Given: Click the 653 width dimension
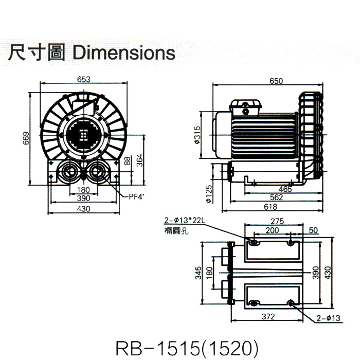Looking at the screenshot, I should point(84,79).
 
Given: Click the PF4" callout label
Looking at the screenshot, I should point(136,195).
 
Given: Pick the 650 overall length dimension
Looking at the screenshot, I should point(276,81).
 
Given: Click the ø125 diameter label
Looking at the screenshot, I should point(209,196).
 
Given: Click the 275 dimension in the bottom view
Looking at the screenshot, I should point(277,222).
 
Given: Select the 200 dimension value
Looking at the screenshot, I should point(273,231).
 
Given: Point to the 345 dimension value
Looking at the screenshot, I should point(198,273).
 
